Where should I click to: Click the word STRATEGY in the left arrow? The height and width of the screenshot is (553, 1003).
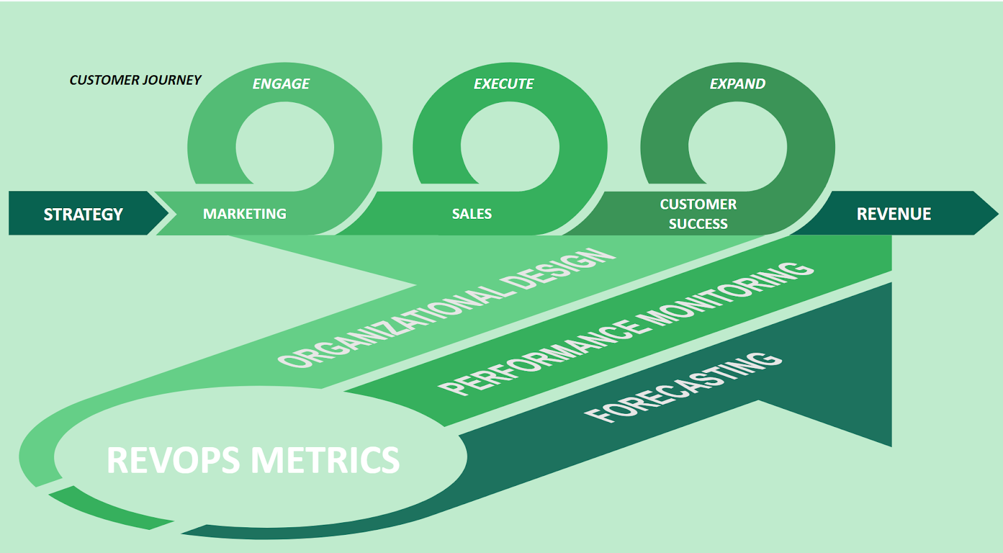[x=83, y=214]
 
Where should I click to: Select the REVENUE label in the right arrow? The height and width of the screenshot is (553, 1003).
[x=893, y=214]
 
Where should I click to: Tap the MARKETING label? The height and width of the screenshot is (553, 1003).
[x=244, y=214]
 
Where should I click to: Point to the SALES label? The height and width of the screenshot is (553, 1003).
[x=471, y=214]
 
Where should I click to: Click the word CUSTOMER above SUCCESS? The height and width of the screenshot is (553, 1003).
[x=698, y=204]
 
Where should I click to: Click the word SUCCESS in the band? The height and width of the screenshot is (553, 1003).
[x=698, y=224]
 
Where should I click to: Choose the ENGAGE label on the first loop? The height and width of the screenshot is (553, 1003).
[x=281, y=84]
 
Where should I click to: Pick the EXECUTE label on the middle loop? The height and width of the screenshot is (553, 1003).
[x=503, y=84]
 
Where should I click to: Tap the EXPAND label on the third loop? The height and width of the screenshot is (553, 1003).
[x=737, y=84]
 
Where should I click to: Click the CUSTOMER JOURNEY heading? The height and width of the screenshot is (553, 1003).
[x=135, y=80]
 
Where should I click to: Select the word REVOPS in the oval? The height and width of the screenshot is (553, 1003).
[x=173, y=460]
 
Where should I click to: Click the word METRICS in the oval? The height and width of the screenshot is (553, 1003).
[x=325, y=460]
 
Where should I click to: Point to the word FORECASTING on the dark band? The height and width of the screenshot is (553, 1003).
[x=683, y=387]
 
